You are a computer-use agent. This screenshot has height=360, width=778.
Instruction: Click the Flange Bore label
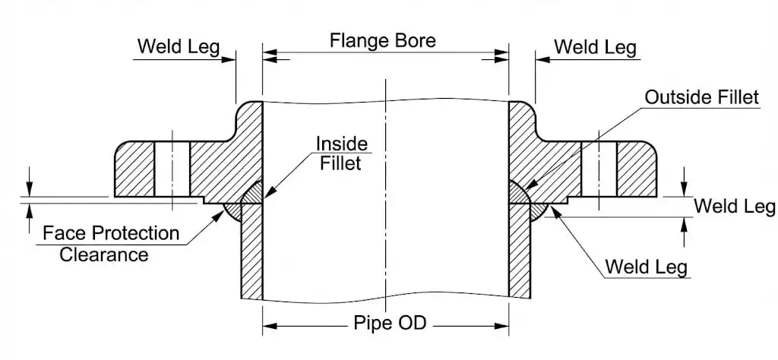click(x=383, y=40)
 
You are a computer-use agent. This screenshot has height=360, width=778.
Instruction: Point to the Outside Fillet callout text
click(x=701, y=97)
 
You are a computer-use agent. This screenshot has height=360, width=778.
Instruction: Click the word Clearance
click(x=104, y=254)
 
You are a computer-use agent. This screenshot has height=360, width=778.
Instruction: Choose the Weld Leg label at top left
click(x=178, y=47)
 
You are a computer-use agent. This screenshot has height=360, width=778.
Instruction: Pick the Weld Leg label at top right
click(x=595, y=47)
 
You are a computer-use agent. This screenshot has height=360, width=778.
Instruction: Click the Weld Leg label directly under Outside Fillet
click(x=735, y=207)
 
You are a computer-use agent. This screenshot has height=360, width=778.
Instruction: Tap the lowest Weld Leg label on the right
click(x=646, y=267)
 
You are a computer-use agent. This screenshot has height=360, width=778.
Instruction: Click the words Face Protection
click(x=111, y=233)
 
